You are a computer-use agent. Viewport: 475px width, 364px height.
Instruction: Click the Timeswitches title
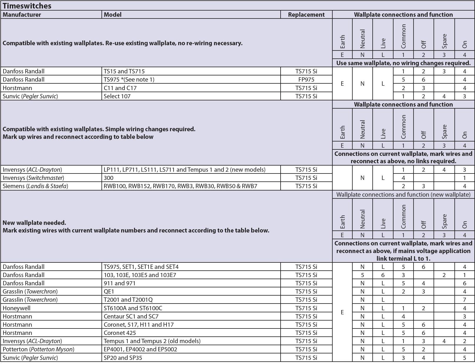pyautogui.click(x=27, y=6)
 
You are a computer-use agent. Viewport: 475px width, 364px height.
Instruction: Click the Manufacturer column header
pyautogui.click(x=22, y=15)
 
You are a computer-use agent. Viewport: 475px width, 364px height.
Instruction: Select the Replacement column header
pyautogui.click(x=306, y=15)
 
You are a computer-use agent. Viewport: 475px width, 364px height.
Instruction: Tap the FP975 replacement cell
pyautogui.click(x=306, y=80)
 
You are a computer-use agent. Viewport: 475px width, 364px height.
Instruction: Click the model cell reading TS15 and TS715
pyautogui.click(x=124, y=71)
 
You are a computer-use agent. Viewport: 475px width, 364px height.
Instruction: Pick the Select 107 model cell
pyautogui.click(x=117, y=96)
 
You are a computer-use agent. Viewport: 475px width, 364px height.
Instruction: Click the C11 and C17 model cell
pyautogui.click(x=120, y=88)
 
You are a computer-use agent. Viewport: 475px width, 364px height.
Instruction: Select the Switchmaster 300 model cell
pyautogui.click(x=109, y=178)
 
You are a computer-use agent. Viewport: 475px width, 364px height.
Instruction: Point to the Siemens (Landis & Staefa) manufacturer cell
pyautogui.click(x=35, y=186)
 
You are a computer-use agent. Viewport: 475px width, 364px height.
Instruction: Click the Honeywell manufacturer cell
pyautogui.click(x=16, y=308)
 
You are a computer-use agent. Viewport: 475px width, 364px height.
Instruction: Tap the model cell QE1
pyautogui.click(x=109, y=291)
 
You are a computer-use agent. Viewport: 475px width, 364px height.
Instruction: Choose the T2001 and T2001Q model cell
pyautogui.click(x=128, y=300)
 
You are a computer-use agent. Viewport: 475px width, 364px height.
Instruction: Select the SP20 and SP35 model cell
pyautogui.click(x=123, y=358)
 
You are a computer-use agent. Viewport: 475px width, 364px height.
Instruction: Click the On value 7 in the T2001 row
pyautogui.click(x=464, y=300)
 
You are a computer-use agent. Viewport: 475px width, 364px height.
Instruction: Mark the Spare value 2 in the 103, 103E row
pyautogui.click(x=444, y=275)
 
